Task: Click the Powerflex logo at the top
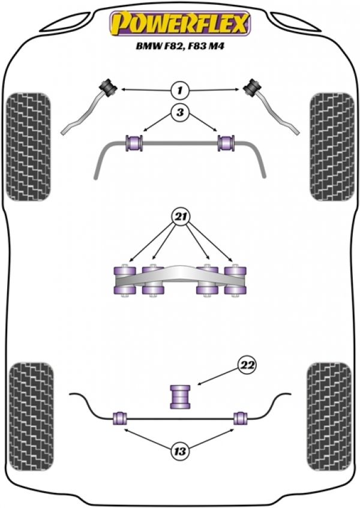coord(179,24)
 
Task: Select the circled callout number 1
coord(178,91)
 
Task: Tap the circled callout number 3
coord(178,112)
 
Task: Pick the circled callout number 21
coord(179,215)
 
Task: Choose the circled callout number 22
coord(247,365)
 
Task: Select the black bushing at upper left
coord(110,86)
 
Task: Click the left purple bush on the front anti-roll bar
coord(133,143)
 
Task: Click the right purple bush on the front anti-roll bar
coord(226,143)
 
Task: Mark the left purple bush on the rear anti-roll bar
coord(119,417)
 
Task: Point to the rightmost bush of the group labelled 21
coord(235,279)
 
